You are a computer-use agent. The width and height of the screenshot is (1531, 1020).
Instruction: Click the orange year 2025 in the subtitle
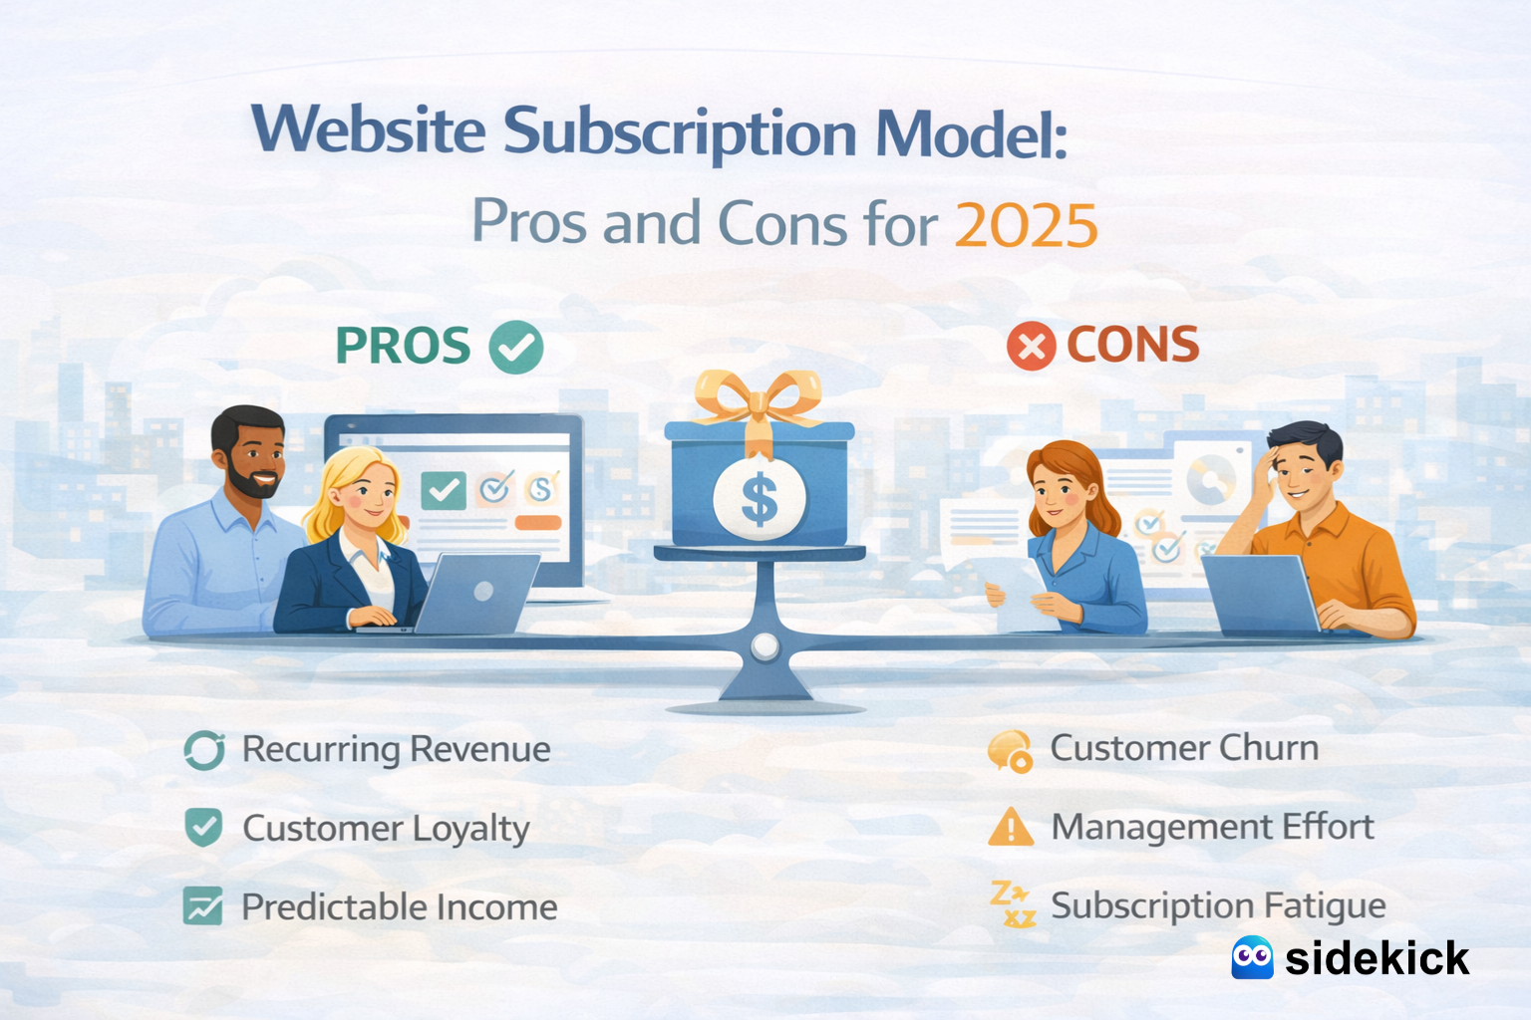point(1026,225)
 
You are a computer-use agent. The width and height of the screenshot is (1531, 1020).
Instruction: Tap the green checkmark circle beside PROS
point(516,348)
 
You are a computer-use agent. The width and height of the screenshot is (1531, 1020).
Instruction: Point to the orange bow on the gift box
point(759,398)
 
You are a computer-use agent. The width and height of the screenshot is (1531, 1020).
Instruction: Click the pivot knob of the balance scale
point(765,646)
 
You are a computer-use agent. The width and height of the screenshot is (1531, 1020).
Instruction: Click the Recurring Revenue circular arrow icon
point(204,750)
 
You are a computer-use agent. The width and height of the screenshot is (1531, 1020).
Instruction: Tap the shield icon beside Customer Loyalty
point(204,828)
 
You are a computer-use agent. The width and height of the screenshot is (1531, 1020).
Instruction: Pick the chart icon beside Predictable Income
point(203,906)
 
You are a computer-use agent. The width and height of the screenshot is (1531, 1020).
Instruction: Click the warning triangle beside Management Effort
point(1011,828)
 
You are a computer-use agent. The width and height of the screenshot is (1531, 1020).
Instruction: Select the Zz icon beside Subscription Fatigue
point(1012,904)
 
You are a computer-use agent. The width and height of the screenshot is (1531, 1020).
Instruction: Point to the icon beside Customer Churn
point(1010,751)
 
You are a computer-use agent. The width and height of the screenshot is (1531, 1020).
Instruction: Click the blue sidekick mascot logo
point(1252,958)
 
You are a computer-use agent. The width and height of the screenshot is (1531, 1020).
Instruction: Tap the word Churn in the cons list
point(1269,748)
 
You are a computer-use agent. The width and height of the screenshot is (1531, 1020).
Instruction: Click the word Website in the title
point(369,131)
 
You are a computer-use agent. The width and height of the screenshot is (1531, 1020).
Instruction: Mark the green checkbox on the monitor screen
point(444,490)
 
